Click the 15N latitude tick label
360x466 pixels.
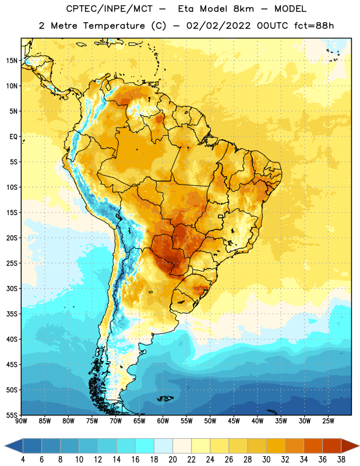[12, 61]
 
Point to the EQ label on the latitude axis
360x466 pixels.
[13, 137]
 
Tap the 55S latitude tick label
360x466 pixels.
[12, 415]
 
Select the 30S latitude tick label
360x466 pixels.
[12, 288]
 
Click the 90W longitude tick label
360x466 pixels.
[21, 421]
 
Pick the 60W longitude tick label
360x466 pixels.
[163, 421]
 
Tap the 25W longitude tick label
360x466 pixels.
[328, 421]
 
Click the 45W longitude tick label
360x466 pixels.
[234, 421]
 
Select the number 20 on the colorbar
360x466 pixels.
[172, 460]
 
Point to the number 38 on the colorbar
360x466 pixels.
[341, 460]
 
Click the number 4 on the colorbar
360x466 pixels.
[23, 460]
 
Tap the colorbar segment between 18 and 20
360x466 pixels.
[163, 446]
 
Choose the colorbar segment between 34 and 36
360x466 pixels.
[313, 446]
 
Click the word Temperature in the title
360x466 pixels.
[114, 26]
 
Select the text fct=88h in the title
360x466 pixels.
[314, 26]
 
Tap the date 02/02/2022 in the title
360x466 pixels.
[218, 26]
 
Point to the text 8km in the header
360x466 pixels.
[243, 9]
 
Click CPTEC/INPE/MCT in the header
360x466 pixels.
[109, 9]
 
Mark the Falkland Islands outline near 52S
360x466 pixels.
[165, 398]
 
